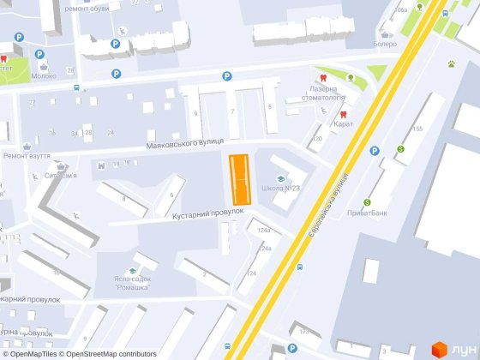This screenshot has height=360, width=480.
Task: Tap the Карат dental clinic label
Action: coord(344,124)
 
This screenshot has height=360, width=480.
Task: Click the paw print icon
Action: coord(450,63)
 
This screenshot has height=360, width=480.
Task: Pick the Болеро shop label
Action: coord(385,45)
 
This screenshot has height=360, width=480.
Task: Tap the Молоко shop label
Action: coord(45,75)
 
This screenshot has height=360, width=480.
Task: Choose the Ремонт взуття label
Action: coord(26,156)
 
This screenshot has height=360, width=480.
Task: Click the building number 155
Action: coord(417,129)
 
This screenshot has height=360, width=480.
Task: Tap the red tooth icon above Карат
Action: coord(343,113)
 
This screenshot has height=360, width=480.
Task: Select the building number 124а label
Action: coord(263,231)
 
